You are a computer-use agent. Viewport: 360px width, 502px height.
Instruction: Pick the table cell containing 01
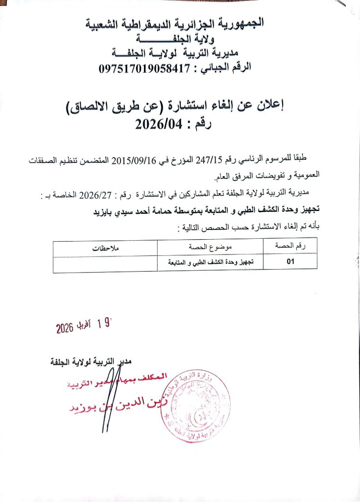tap(290, 262)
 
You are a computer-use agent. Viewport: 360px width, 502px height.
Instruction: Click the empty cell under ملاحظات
tap(106, 263)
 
